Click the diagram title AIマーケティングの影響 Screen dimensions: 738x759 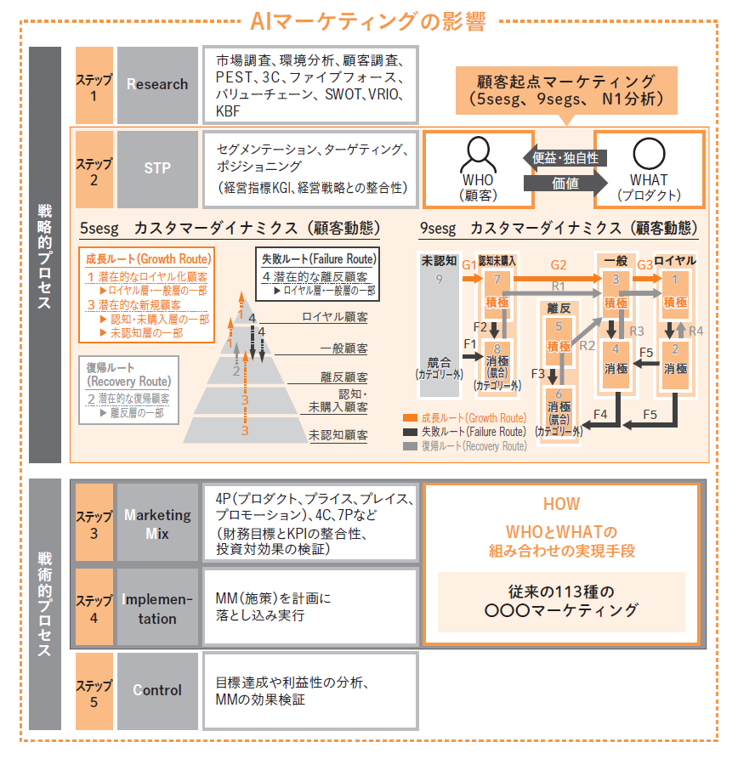(x=367, y=22)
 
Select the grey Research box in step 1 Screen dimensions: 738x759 (x=157, y=85)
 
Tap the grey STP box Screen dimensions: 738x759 (x=157, y=169)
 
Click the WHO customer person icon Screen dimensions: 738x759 (x=478, y=154)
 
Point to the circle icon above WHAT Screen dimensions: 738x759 (x=649, y=154)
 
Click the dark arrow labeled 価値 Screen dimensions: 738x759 (x=565, y=184)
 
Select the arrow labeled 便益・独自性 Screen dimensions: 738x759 (x=565, y=158)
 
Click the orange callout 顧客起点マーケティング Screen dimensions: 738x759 (x=566, y=91)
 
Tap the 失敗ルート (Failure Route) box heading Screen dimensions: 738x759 (x=319, y=259)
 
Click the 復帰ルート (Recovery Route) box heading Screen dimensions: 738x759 (x=129, y=374)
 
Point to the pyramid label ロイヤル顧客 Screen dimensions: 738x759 (x=335, y=317)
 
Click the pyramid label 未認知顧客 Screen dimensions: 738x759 (x=338, y=435)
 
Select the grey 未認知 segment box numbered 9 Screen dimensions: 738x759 (x=440, y=325)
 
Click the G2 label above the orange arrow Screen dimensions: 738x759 (x=559, y=265)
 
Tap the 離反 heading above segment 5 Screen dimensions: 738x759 (x=559, y=309)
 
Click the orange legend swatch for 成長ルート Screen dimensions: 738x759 (x=410, y=418)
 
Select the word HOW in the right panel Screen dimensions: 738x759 (x=561, y=504)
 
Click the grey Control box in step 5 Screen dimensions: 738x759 (x=157, y=691)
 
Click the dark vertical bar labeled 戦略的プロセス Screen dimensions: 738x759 (x=45, y=255)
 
